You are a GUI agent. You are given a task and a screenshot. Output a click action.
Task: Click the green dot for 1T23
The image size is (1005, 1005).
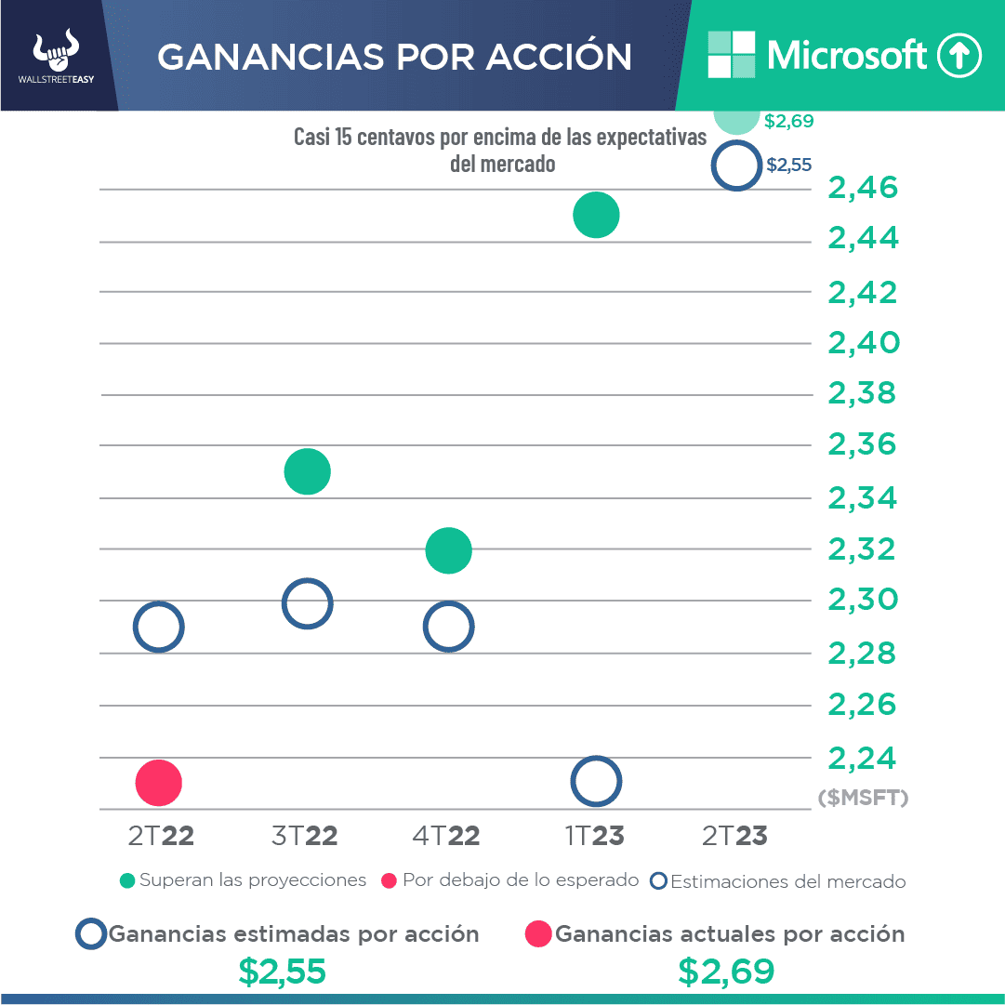pos(596,215)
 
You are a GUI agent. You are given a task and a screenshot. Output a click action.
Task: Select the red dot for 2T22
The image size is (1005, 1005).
pos(158,782)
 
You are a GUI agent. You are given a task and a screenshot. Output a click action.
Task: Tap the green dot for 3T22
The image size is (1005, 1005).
pos(308,471)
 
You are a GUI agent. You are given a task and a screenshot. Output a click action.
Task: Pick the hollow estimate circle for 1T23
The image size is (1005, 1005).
pos(596,782)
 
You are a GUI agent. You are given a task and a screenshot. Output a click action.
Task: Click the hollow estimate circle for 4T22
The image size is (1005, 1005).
pos(449,627)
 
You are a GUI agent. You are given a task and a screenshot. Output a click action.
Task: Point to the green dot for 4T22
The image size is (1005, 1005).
pos(449,550)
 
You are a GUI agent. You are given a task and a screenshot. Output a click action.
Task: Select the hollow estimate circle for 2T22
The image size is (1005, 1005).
pos(158,627)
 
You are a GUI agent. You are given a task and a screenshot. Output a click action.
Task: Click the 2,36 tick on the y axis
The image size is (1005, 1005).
pos(864,444)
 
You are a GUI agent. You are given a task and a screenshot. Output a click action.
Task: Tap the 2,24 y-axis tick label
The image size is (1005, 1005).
pos(864,758)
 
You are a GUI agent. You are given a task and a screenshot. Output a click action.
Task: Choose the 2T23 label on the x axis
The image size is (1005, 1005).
pos(734,836)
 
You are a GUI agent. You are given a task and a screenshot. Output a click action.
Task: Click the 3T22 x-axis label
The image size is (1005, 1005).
pos(305,836)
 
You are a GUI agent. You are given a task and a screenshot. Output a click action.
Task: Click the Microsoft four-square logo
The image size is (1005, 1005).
pos(732,55)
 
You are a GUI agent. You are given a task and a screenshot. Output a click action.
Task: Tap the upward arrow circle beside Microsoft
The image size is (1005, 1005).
pos(959,56)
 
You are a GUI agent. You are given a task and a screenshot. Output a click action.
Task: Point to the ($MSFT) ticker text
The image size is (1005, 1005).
pos(863,798)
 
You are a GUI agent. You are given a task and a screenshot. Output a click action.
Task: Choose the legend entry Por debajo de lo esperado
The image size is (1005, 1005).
pos(510,880)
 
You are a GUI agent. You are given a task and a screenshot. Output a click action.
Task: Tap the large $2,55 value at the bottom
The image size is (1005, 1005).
pos(282,972)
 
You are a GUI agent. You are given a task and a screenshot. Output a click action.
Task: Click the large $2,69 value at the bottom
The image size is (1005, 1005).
pos(726,972)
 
